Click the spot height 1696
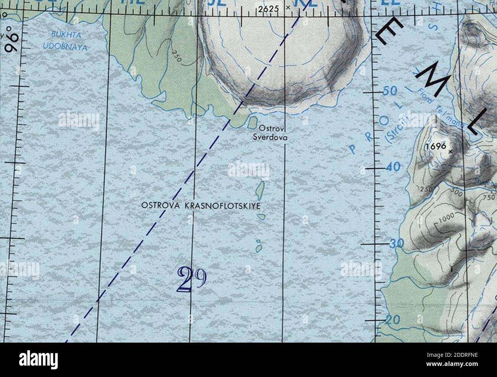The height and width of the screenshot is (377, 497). coord(435,146)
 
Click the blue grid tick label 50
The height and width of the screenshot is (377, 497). coord(390,91)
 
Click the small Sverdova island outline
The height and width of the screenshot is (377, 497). coord(252,123)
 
